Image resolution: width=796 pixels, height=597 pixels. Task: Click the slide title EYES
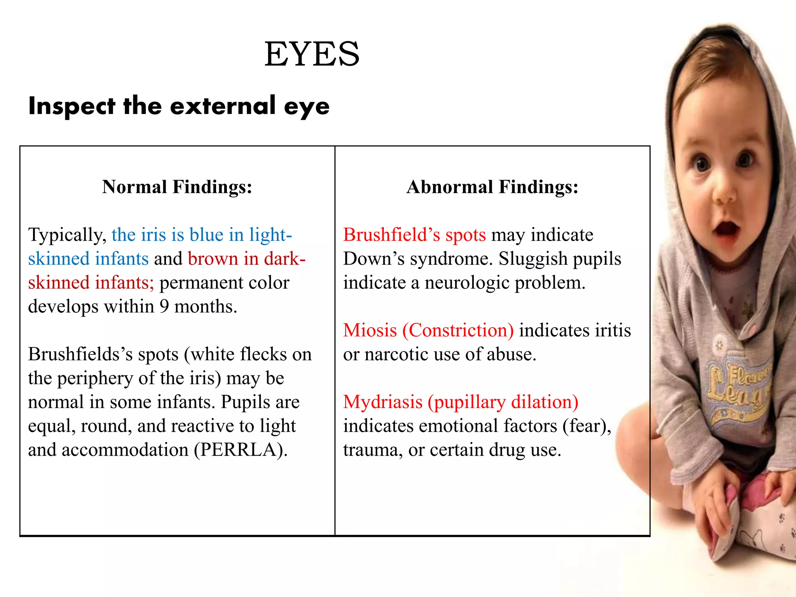click(x=312, y=54)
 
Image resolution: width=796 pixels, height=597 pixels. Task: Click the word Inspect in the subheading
click(x=72, y=106)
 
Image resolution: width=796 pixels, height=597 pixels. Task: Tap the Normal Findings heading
click(x=177, y=187)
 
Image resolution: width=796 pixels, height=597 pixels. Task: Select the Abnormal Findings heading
click(x=492, y=187)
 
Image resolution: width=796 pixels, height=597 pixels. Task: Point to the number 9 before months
click(x=164, y=307)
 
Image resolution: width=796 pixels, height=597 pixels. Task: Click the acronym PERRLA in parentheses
click(x=241, y=450)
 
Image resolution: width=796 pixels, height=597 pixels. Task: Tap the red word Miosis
click(x=370, y=330)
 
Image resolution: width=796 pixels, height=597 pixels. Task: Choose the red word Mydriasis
click(x=383, y=402)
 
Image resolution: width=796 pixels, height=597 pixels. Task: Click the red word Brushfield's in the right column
click(x=391, y=235)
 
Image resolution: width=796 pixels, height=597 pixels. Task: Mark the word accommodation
click(x=125, y=450)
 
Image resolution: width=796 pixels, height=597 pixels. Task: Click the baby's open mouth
click(x=726, y=228)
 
